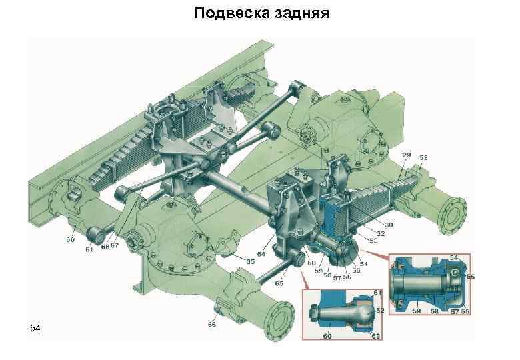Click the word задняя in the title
298,13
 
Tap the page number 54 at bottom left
35,329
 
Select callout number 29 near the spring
407,155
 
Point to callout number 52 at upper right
424,157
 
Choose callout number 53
373,241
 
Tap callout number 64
261,254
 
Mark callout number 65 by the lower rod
278,283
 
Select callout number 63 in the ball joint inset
376,337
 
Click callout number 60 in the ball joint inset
327,337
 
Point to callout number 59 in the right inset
415,309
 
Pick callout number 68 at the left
105,247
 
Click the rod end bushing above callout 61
94,235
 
